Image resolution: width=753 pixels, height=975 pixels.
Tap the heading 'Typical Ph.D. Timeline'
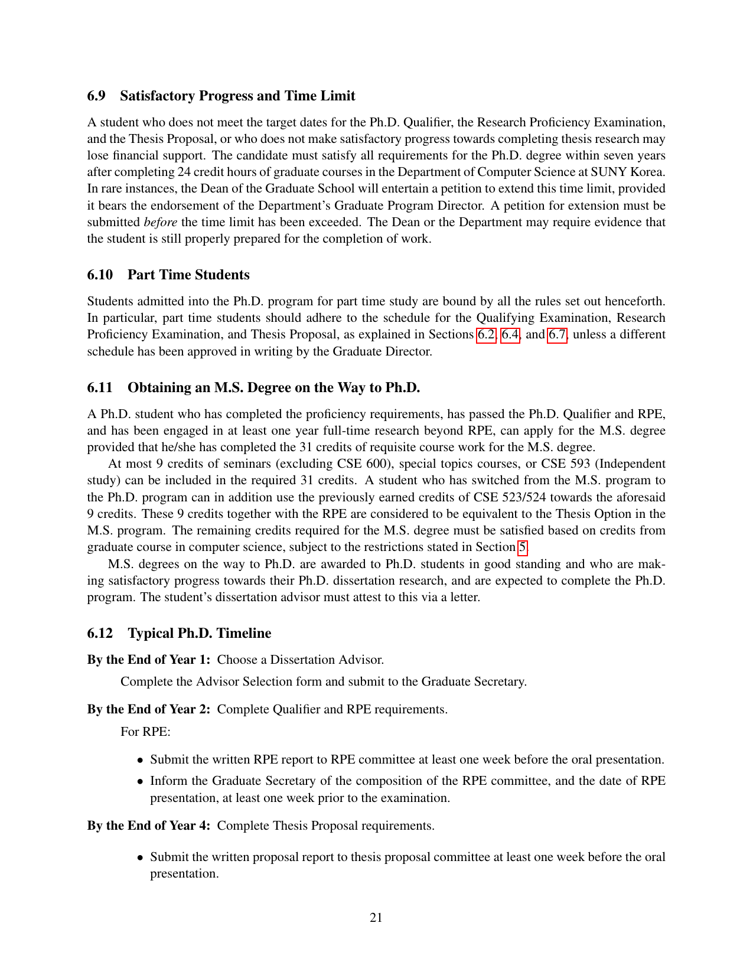tap(200, 634)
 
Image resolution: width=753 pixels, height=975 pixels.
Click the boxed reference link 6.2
tap(486, 335)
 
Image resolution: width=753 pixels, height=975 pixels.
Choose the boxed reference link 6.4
tap(510, 335)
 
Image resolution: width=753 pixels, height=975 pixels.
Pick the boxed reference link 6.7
tap(558, 335)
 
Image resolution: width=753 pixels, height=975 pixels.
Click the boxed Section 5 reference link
tap(522, 547)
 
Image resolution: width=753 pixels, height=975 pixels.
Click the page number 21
tap(376, 918)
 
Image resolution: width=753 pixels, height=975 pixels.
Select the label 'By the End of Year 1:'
tap(149, 660)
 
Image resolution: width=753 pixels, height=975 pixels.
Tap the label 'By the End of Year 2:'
tap(149, 709)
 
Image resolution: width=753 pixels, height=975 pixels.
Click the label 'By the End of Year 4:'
tap(149, 826)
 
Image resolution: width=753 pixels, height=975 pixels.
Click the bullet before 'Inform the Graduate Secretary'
tap(140, 781)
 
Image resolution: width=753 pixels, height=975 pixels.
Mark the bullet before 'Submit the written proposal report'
tap(140, 857)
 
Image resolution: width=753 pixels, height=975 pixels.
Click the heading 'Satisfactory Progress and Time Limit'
tap(237, 96)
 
